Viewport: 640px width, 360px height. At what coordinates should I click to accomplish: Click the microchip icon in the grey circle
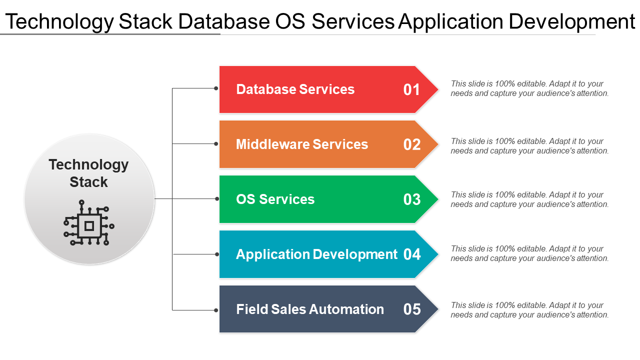point(89,222)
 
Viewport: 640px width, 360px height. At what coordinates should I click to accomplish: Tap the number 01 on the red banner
point(411,89)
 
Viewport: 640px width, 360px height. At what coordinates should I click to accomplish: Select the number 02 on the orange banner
point(411,144)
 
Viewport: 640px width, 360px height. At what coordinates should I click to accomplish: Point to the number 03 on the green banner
point(411,199)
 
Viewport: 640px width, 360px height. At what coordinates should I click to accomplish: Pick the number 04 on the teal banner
point(411,254)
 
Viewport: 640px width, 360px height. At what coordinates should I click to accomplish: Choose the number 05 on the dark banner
point(411,309)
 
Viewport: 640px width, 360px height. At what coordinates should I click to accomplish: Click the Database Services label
point(295,89)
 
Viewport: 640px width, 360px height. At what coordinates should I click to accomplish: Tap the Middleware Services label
point(301,144)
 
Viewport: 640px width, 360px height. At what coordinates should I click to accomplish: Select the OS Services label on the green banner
point(275,199)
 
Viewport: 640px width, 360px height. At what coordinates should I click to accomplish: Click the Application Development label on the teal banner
point(316,254)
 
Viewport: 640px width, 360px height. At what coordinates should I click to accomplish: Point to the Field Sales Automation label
point(310,309)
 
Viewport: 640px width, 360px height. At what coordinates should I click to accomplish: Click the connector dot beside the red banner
point(216,88)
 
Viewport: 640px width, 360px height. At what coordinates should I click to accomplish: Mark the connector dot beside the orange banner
point(216,143)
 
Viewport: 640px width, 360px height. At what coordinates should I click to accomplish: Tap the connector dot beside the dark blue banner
point(216,310)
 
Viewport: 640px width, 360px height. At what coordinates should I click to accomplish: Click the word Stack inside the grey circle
point(88,182)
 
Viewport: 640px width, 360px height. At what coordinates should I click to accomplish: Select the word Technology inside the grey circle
point(88,165)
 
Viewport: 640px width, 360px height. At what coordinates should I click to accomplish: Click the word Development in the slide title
point(572,21)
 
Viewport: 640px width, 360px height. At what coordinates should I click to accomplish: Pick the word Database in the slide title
point(224,21)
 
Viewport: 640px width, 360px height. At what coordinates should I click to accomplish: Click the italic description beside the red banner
point(529,88)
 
